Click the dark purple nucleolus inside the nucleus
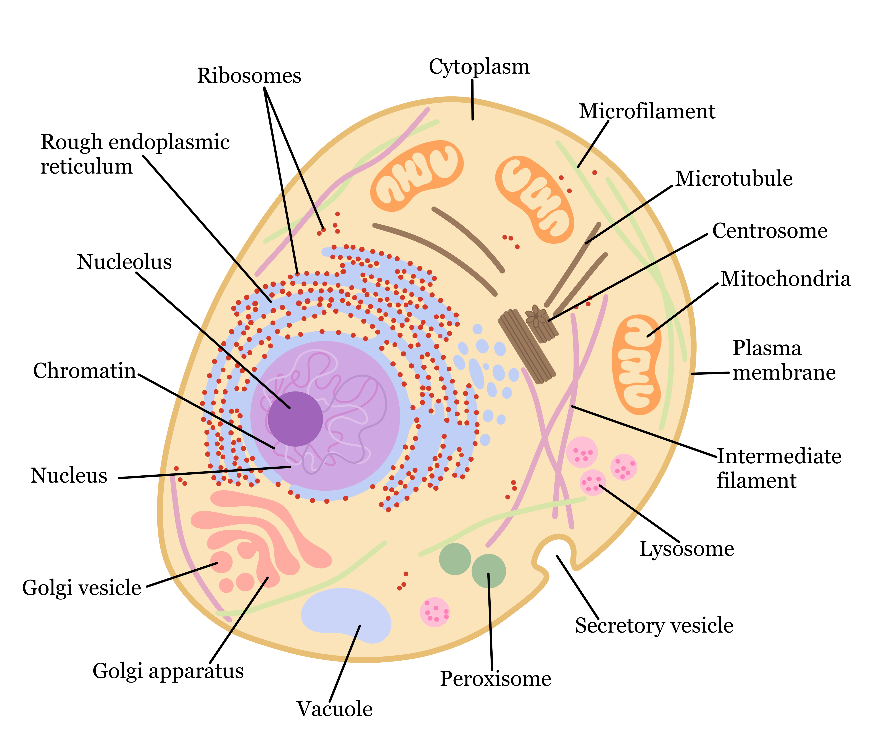tap(295, 419)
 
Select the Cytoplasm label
tap(479, 67)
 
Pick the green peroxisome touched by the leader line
tap(488, 571)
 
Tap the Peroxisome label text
tap(495, 679)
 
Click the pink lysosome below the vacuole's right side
tap(435, 612)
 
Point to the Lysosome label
tap(686, 549)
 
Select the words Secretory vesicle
tap(654, 626)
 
